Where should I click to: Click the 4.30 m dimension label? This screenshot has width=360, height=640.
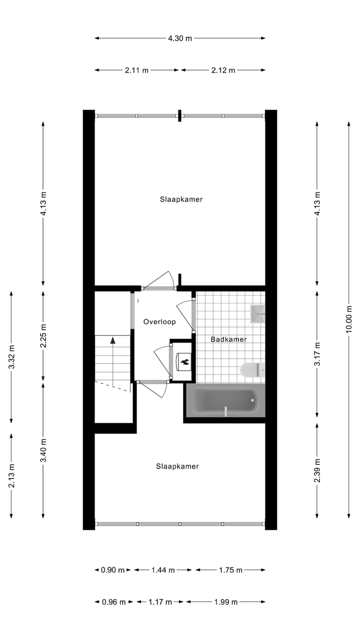180,38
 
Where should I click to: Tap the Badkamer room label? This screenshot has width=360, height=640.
228,339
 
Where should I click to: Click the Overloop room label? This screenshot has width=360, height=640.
159,321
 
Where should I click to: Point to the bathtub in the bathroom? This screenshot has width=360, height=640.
225,401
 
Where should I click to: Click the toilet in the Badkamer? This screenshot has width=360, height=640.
251,370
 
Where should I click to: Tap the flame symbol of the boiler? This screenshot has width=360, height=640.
183,361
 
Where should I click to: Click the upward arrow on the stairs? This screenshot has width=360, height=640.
113,340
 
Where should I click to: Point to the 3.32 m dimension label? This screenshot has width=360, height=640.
11,357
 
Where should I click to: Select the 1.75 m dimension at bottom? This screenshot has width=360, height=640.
230,570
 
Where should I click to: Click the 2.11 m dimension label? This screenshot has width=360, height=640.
136,70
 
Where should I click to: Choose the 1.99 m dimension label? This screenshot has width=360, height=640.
225,602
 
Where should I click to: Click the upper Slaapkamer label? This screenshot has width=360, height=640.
181,199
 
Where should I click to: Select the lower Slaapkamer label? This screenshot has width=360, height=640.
177,466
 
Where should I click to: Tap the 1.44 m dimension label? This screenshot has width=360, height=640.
163,570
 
